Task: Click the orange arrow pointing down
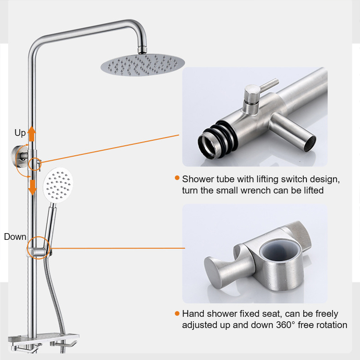pos(32,186)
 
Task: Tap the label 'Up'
pos(20,133)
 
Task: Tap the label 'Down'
pos(15,237)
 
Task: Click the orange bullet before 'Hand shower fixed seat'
pos(177,313)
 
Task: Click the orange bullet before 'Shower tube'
pos(177,179)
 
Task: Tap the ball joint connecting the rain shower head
pos(143,48)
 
